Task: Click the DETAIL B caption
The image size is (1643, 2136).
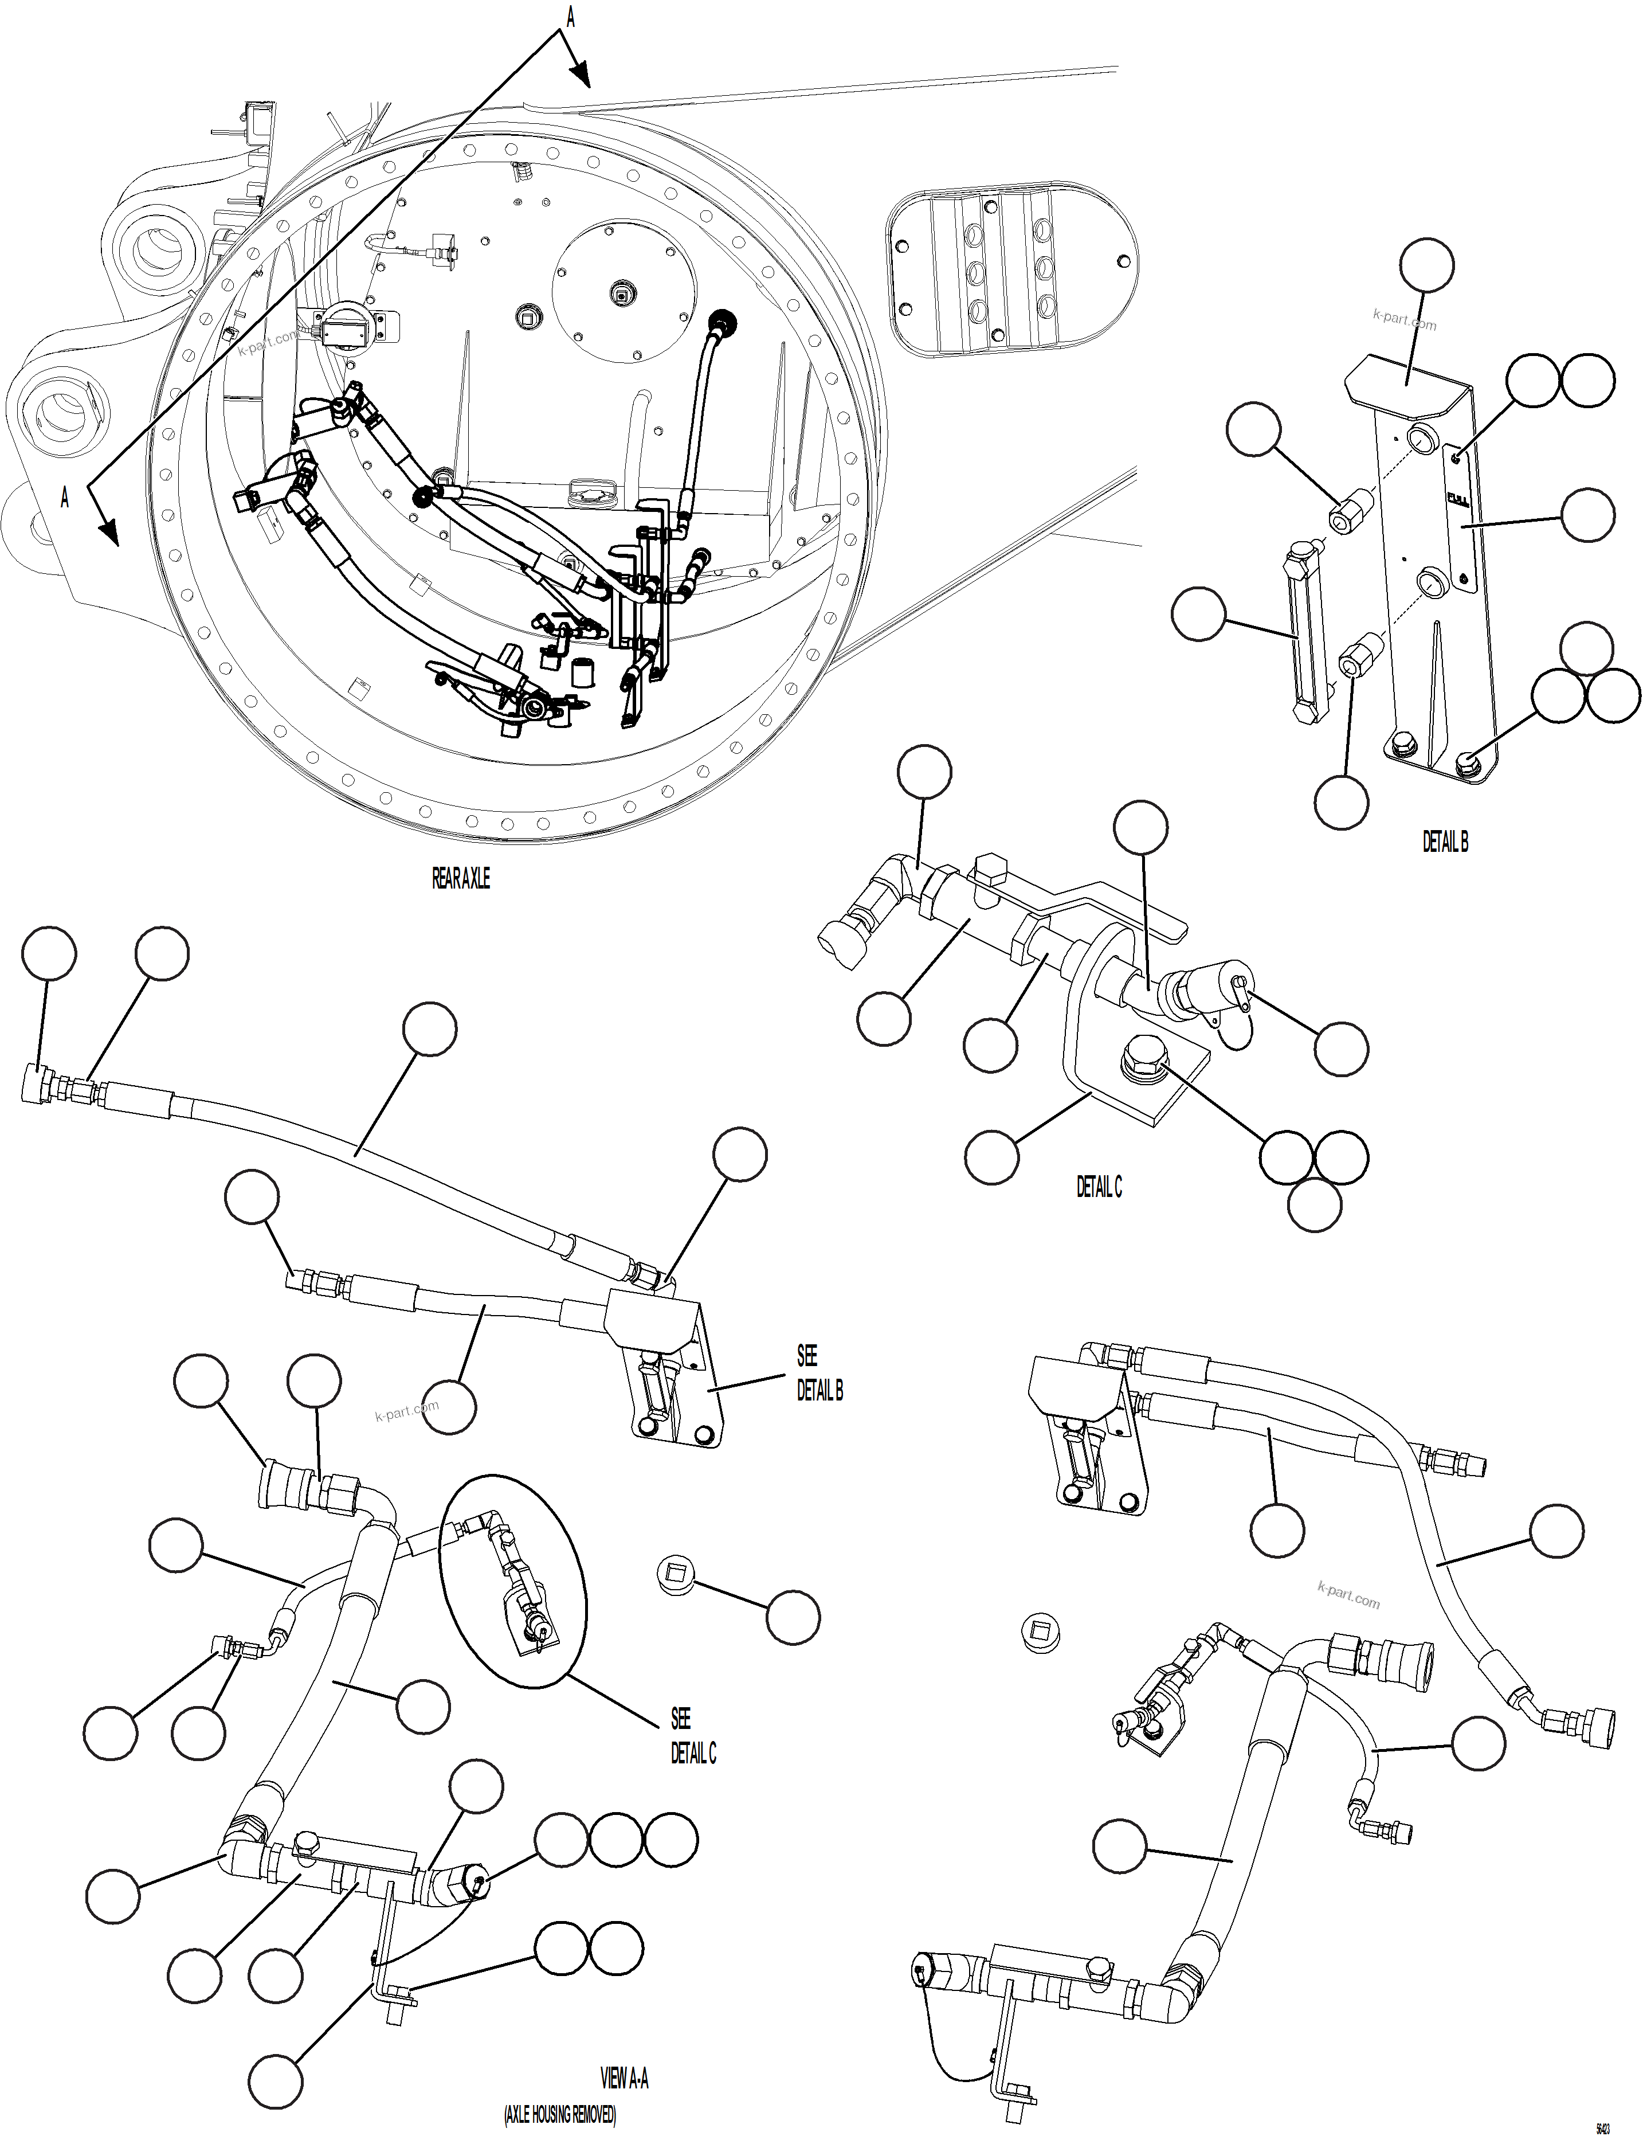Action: tap(1445, 841)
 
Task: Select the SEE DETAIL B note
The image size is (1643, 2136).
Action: tap(818, 1373)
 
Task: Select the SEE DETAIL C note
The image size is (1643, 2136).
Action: tap(692, 1736)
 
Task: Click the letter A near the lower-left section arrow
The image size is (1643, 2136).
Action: tap(65, 497)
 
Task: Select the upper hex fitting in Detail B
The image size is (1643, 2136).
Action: tap(1351, 508)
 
